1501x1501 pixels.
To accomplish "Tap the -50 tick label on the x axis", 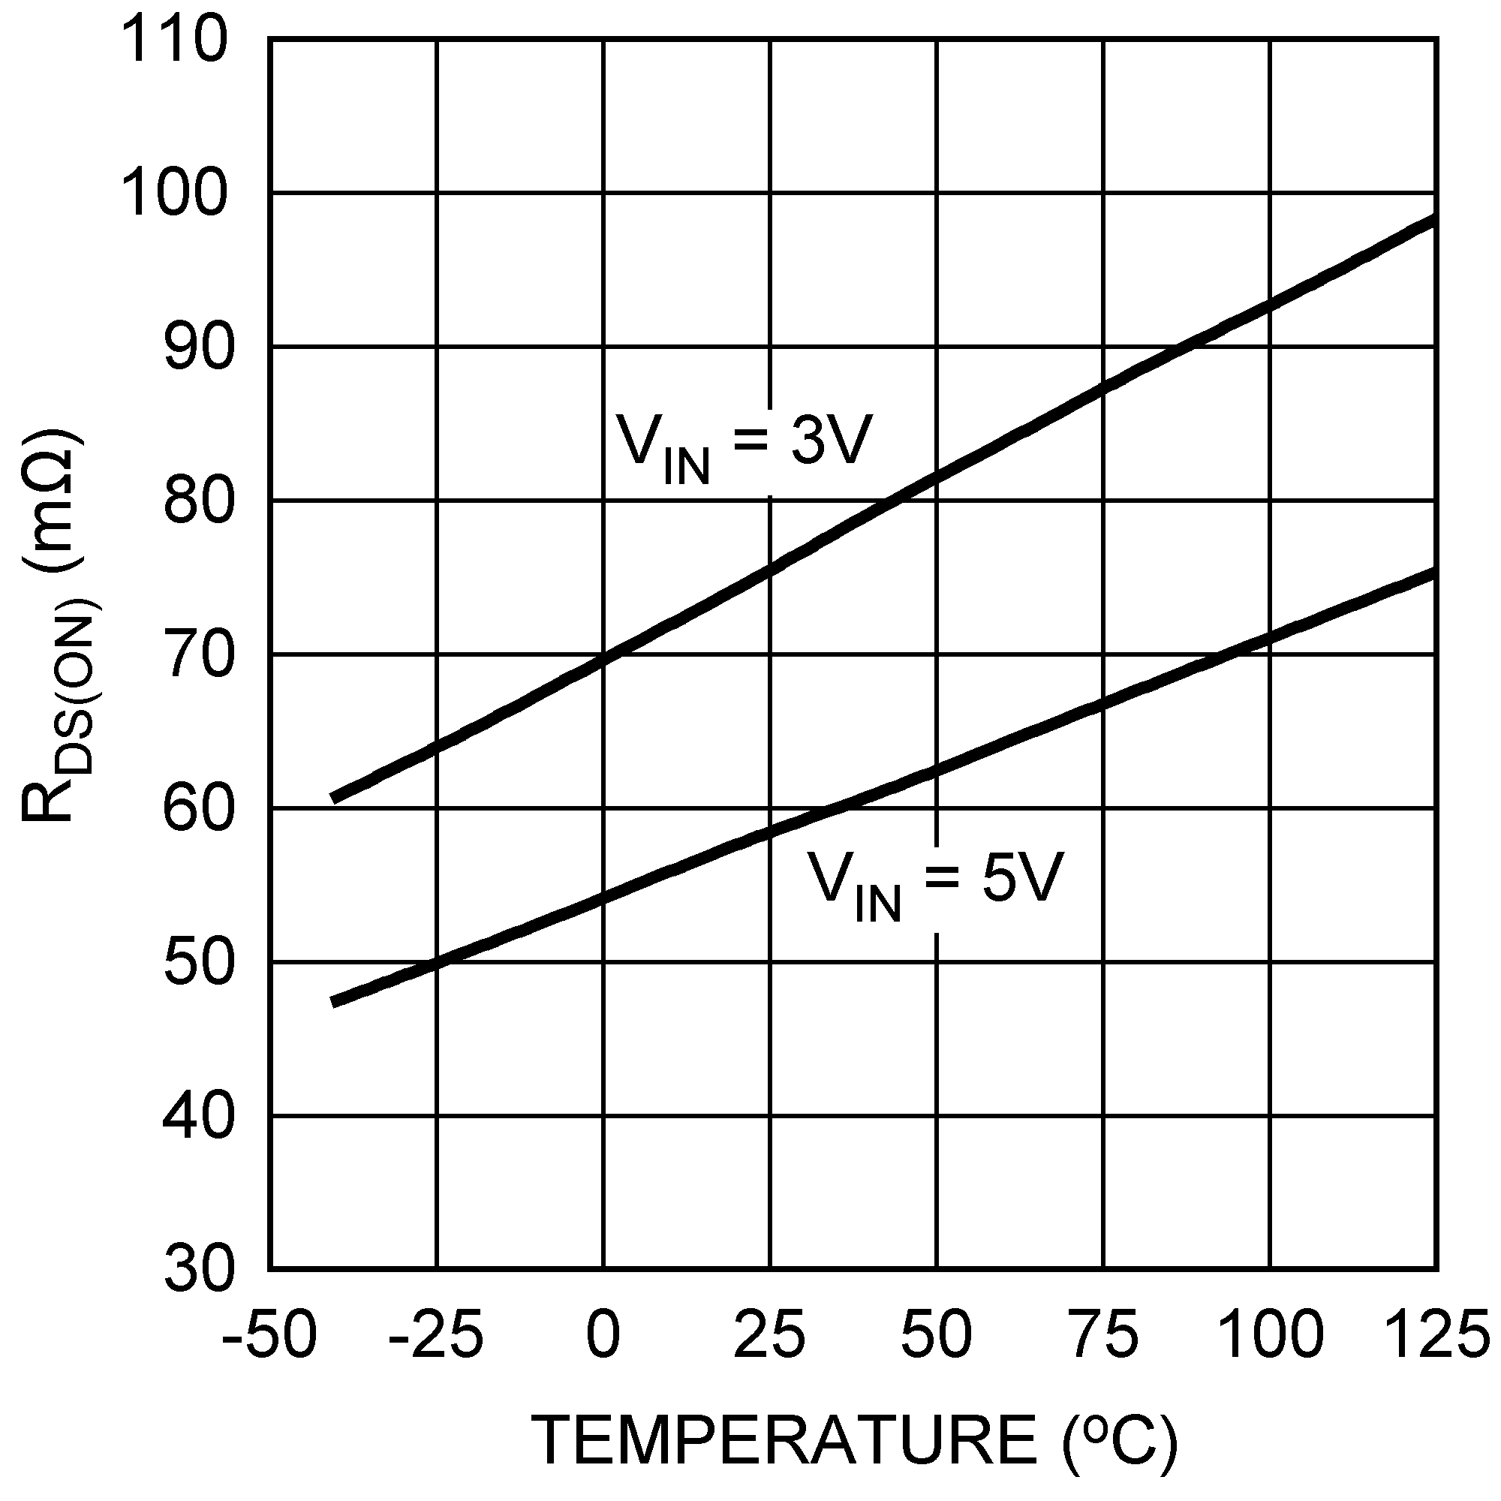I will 269,1333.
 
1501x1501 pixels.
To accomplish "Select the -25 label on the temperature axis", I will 435,1333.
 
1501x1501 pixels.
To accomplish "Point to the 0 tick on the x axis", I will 603,1333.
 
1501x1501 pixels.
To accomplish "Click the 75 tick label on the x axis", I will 1103,1333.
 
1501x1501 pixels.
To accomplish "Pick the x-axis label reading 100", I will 1270,1333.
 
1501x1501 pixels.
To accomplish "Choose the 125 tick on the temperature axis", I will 1437,1333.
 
